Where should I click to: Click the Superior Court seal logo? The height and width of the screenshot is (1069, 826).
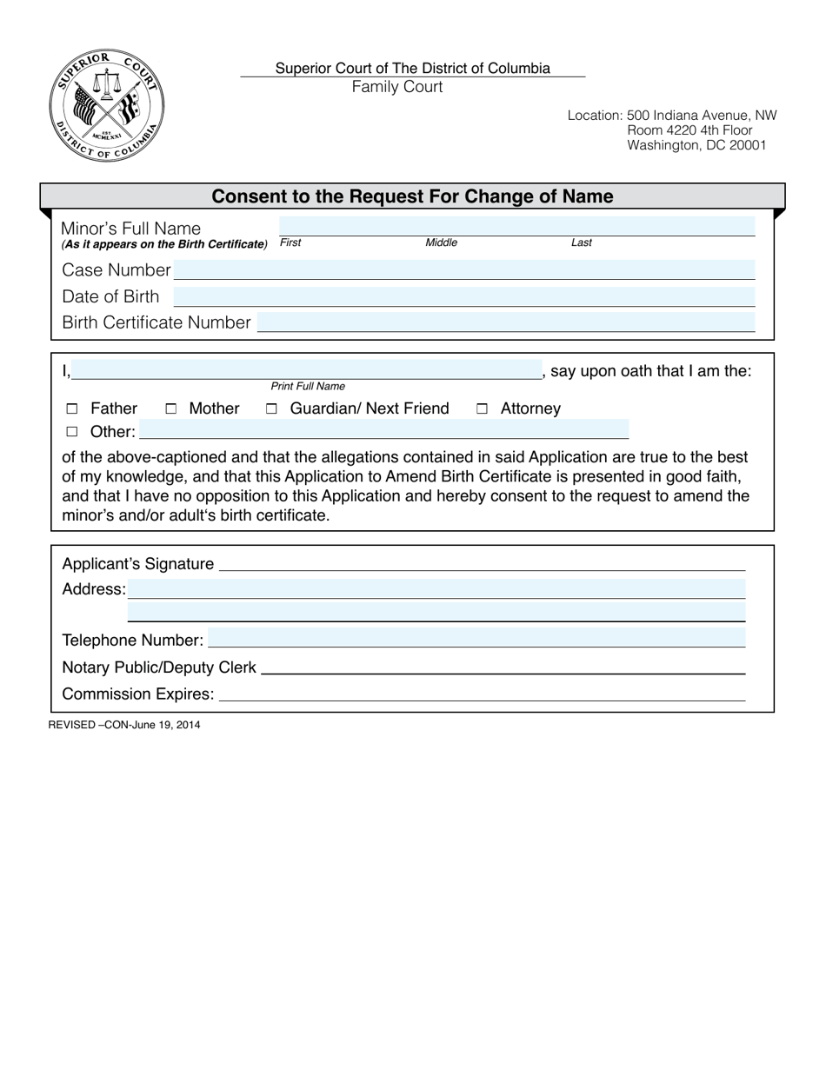[106, 106]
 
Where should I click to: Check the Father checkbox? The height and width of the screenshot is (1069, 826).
[72, 408]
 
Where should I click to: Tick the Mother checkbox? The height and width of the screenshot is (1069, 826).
[171, 408]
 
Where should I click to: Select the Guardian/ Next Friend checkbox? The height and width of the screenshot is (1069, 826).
[271, 408]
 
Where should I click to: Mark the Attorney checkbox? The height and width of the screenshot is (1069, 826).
[482, 408]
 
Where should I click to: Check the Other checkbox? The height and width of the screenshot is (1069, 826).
[72, 432]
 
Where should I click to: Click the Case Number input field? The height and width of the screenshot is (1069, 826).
[465, 269]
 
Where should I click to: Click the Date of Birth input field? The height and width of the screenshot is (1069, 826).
[465, 296]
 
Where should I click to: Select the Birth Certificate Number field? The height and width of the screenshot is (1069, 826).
[506, 322]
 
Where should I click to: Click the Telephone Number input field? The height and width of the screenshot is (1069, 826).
[476, 639]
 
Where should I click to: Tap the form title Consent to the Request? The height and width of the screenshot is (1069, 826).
[412, 196]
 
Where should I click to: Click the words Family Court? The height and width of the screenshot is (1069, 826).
[397, 87]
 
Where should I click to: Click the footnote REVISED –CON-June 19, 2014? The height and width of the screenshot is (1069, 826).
[124, 724]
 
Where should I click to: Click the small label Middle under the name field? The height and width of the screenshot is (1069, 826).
[441, 242]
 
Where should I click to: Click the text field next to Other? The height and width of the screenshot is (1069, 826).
[383, 429]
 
